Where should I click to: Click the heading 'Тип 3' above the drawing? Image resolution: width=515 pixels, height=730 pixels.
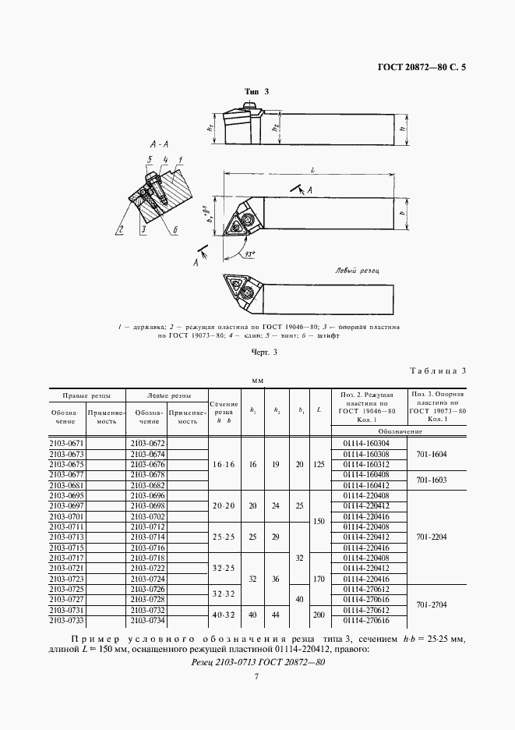[257, 92]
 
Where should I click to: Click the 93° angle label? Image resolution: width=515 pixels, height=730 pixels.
[249, 253]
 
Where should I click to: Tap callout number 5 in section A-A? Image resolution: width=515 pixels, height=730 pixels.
[149, 160]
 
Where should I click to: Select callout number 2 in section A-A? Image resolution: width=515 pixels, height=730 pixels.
[122, 229]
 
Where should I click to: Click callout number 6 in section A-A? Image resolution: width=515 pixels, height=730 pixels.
[175, 229]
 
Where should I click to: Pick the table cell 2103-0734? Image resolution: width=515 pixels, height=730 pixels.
[146, 621]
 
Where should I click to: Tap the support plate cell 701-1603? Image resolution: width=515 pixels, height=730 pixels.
[432, 480]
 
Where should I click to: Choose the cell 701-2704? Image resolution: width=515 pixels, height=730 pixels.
[432, 604]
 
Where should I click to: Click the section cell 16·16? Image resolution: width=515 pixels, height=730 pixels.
[224, 463]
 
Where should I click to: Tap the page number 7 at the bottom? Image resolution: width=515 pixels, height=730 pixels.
[257, 677]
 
